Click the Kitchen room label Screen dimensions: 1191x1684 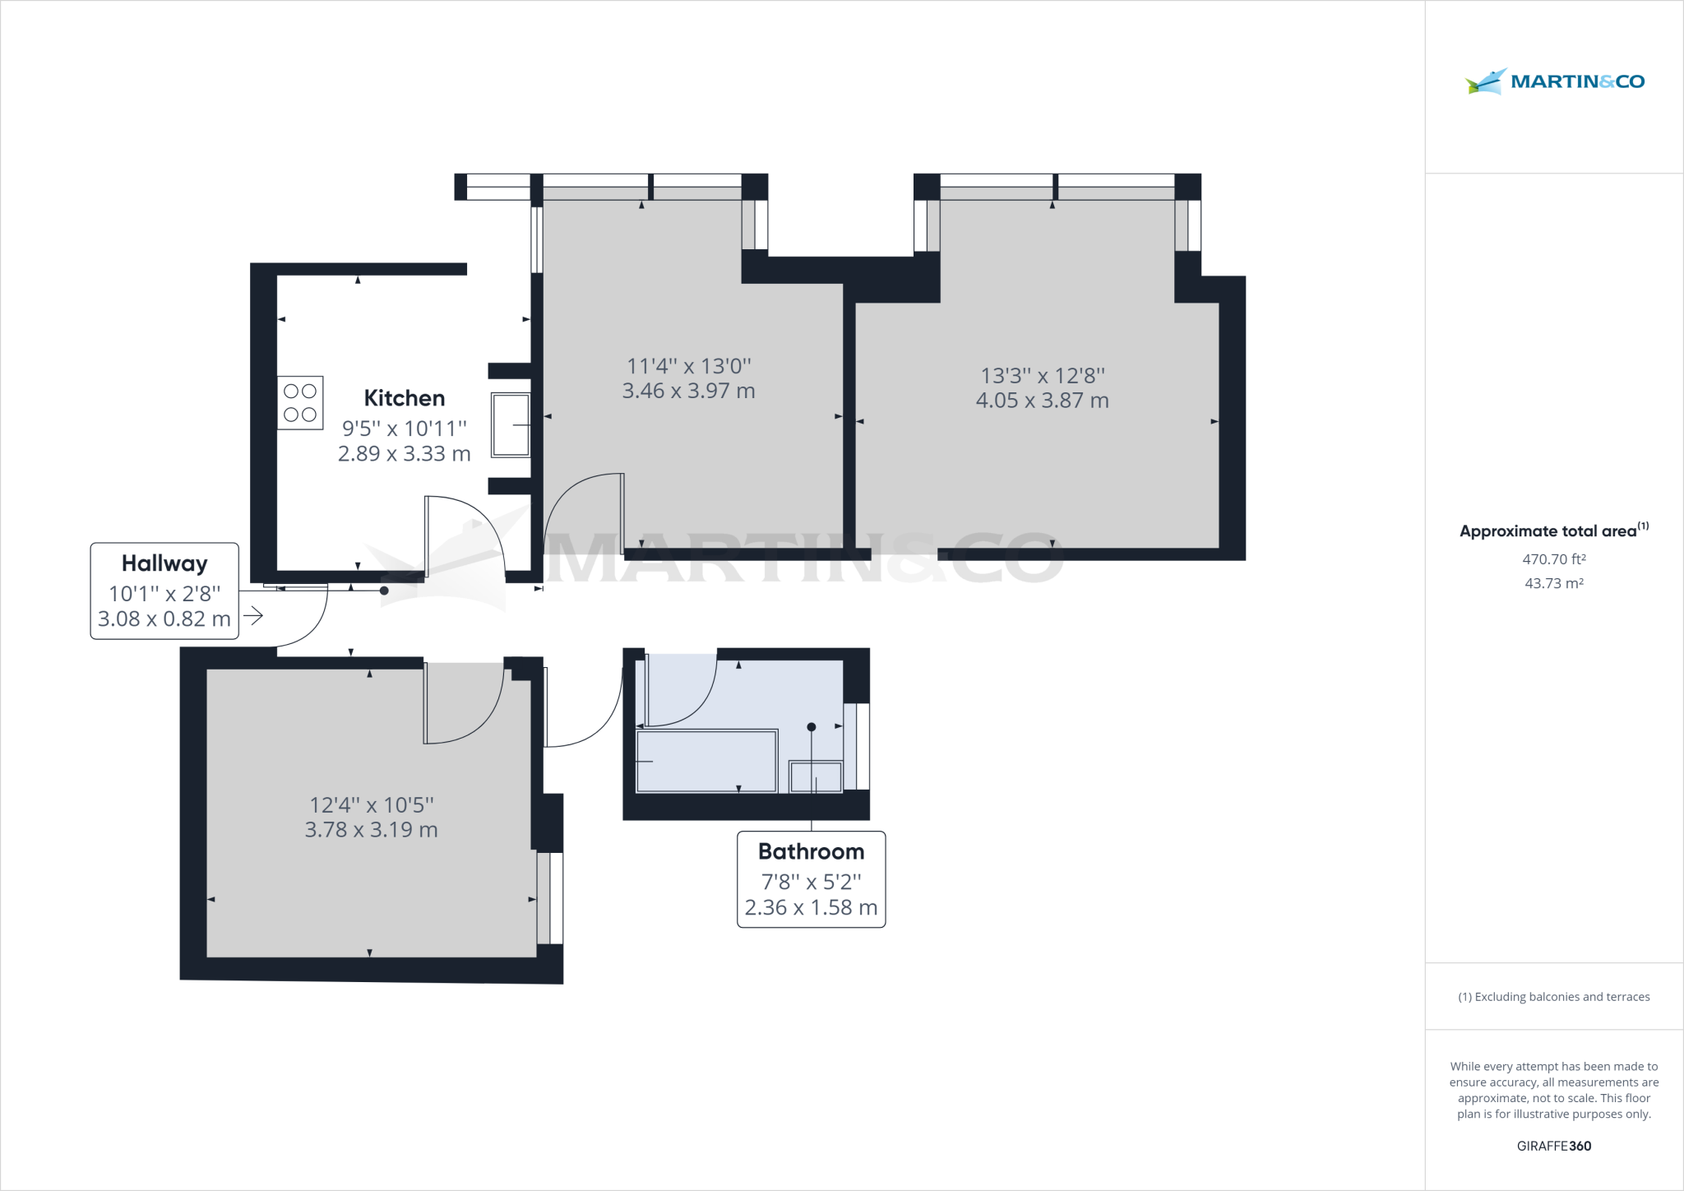click(x=404, y=398)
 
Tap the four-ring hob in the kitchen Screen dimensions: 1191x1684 click(x=300, y=403)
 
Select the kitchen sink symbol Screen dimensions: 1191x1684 click(x=511, y=424)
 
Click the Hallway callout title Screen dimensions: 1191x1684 click(x=164, y=563)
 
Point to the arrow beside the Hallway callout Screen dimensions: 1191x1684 click(x=253, y=615)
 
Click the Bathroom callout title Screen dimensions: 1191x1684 click(x=811, y=851)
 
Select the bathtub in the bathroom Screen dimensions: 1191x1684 click(x=706, y=762)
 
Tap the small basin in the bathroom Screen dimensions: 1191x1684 click(x=816, y=777)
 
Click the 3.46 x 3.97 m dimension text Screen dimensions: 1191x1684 click(x=688, y=391)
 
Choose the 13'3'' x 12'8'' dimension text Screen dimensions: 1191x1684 click(x=1042, y=376)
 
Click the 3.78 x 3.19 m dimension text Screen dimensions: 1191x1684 click(x=371, y=830)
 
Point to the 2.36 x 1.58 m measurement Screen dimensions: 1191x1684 click(x=811, y=907)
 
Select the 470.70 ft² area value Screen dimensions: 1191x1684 click(x=1553, y=559)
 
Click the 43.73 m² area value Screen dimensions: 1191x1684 click(x=1553, y=583)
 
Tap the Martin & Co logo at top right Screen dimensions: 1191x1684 click(x=1554, y=81)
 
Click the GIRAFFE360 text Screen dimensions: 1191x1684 click(x=1553, y=1146)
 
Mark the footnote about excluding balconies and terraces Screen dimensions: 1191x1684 click(x=1553, y=997)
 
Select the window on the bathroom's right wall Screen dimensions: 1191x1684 click(x=858, y=747)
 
